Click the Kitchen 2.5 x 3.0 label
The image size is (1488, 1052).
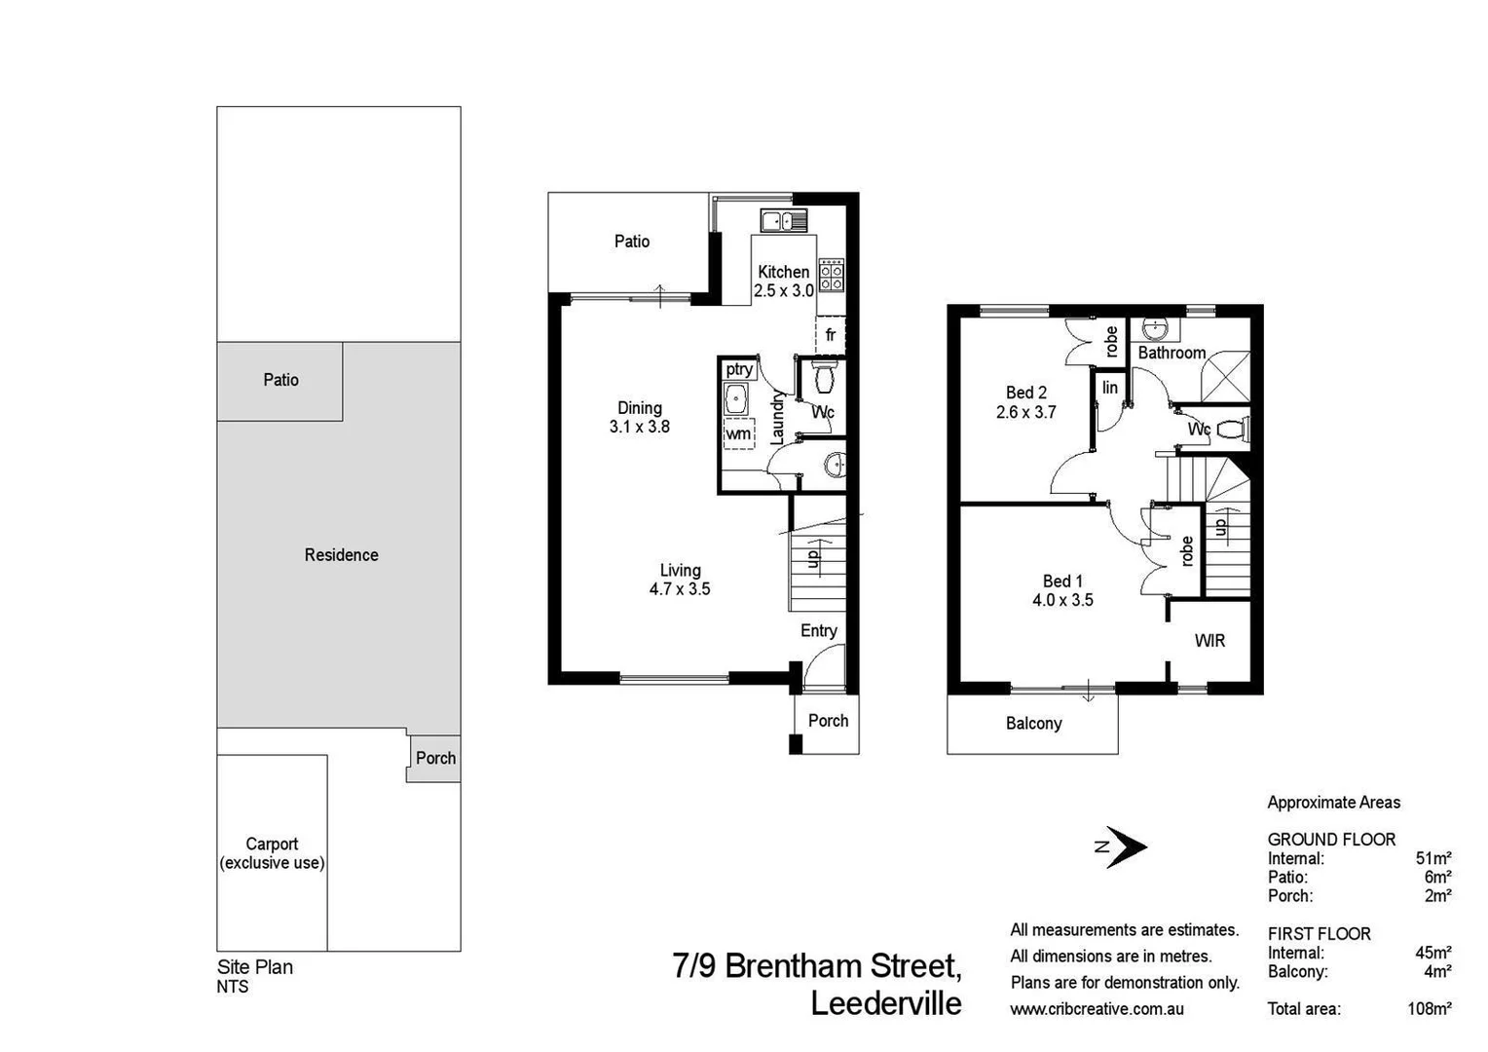783,282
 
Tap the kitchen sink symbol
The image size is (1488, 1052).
783,221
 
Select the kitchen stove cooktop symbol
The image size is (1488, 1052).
831,275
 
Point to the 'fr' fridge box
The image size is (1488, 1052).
830,335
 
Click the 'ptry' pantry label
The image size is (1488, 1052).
738,369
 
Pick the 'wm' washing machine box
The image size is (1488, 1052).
738,433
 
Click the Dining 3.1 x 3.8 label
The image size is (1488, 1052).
639,417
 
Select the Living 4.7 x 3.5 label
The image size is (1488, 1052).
680,580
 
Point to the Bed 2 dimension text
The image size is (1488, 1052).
1025,412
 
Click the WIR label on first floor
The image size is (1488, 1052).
1209,641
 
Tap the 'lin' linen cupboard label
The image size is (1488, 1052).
1110,388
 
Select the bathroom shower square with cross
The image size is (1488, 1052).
1224,376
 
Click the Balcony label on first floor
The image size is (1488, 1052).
1033,724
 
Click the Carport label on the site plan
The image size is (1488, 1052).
272,853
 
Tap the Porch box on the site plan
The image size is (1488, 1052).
434,759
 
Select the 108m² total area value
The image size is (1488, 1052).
1429,1009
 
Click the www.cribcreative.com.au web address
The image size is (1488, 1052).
1097,1009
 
